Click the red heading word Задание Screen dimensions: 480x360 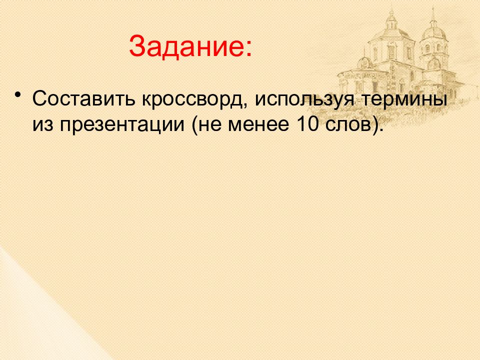pos(186,46)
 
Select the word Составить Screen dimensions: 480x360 pos(83,98)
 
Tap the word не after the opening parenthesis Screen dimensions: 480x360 pos(210,125)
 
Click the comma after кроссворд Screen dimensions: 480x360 pos(246,105)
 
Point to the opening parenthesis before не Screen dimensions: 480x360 pos(194,125)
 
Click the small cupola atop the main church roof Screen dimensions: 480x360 pos(391,19)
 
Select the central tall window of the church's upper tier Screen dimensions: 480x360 pos(391,51)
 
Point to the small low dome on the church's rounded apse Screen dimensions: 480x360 pos(365,63)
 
